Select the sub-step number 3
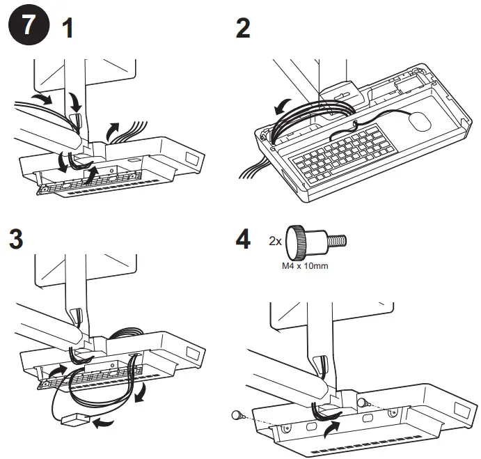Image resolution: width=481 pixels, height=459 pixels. pyautogui.click(x=15, y=240)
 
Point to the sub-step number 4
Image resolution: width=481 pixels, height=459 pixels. pyautogui.click(x=243, y=240)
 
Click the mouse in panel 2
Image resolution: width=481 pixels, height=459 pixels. pyautogui.click(x=420, y=122)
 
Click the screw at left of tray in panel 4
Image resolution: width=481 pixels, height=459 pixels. pyautogui.click(x=237, y=414)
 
